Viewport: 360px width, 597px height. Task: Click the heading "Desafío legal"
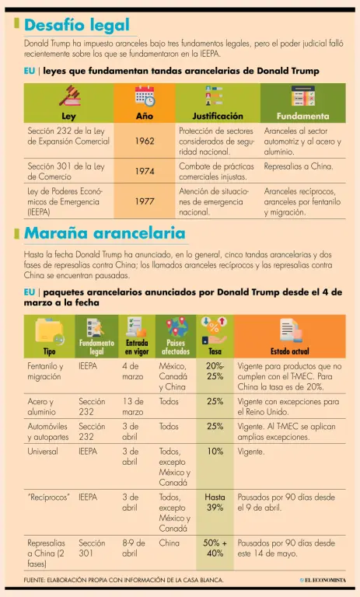[x=77, y=25]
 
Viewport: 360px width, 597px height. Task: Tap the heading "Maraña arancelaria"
[x=105, y=233]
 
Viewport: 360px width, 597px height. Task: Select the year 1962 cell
[x=145, y=141]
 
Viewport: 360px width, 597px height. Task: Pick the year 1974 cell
[x=145, y=171]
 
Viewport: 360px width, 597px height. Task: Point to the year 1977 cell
[x=145, y=201]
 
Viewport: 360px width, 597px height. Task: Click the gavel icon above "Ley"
[x=69, y=96]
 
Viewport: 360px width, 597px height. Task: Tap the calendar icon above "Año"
[x=145, y=96]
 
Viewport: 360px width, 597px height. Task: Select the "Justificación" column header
[x=218, y=116]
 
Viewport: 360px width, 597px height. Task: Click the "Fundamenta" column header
[x=303, y=116]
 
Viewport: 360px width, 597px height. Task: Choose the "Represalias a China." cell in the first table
[x=299, y=166]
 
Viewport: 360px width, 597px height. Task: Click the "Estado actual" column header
[x=290, y=351]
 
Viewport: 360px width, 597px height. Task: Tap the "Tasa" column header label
[x=215, y=351]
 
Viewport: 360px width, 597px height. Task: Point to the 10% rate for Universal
[x=215, y=452]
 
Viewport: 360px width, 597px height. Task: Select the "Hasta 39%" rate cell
[x=215, y=502]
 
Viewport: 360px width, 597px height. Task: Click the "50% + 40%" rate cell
[x=215, y=548]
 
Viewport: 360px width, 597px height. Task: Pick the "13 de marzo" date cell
[x=133, y=407]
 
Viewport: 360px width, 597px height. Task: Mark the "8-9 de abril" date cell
[x=134, y=548]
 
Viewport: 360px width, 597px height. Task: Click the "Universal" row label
[x=43, y=452]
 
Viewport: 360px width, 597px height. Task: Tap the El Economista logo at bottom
[x=323, y=580]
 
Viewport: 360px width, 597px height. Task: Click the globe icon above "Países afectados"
[x=176, y=327]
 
